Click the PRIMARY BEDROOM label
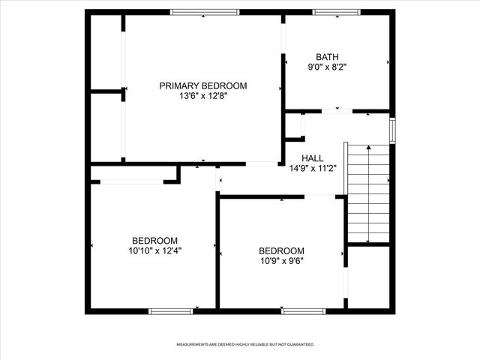(x=202, y=85)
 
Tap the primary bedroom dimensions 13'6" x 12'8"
(x=202, y=96)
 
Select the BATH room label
(x=327, y=56)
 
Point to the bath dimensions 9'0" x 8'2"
(x=327, y=67)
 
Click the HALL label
(x=313, y=158)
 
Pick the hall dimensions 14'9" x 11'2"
(x=313, y=168)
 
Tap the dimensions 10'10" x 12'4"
(x=155, y=250)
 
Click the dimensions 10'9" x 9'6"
(x=281, y=261)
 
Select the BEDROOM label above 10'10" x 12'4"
(x=155, y=240)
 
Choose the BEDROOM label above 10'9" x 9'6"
(x=281, y=250)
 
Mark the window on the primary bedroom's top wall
(x=205, y=12)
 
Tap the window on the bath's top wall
(x=336, y=12)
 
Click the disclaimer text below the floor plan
(x=244, y=344)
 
